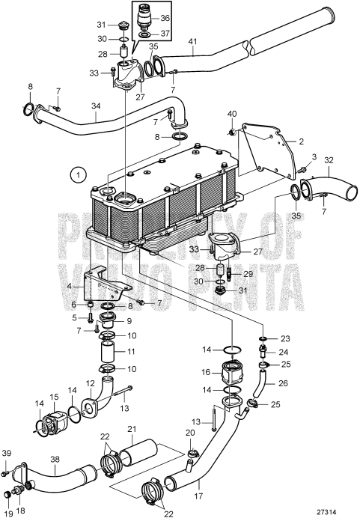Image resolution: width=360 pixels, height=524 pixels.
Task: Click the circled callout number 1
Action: pos(76,176)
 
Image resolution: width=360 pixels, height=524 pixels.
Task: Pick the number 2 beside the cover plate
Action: pos(302,140)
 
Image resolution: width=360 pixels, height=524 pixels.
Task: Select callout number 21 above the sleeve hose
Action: pos(154,429)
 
